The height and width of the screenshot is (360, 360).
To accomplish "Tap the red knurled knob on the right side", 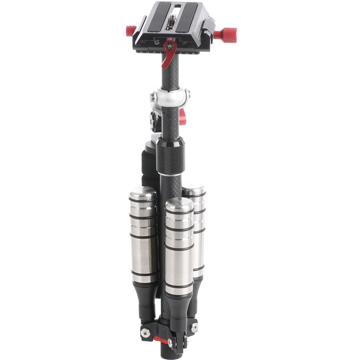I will pyautogui.click(x=227, y=35).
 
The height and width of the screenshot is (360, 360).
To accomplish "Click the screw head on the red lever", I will pyautogui.click(x=170, y=46).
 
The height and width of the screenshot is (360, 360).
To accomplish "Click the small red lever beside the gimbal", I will pyautogui.click(x=183, y=117).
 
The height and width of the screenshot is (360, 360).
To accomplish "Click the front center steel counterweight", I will pyautogui.click(x=179, y=248).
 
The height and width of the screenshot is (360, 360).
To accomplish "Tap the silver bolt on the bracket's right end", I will pyautogui.click(x=194, y=327).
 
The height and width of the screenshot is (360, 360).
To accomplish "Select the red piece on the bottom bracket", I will pyautogui.click(x=161, y=340).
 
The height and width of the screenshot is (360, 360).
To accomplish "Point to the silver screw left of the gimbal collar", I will pyautogui.click(x=153, y=96).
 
